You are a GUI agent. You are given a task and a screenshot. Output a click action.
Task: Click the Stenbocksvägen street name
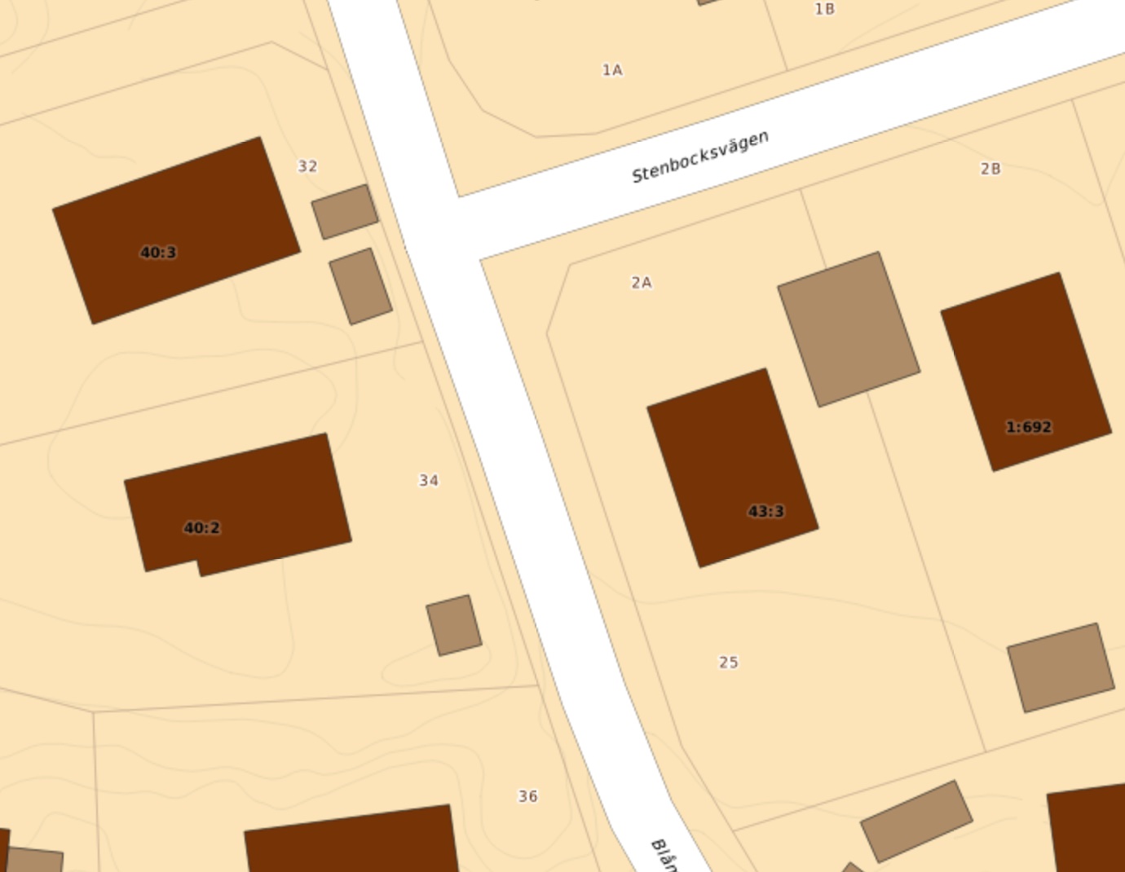[700, 156]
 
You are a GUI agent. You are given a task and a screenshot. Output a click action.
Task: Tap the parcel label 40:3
[158, 253]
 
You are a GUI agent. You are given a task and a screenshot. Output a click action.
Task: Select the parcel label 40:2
[201, 528]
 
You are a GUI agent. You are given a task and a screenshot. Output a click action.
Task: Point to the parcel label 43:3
[765, 512]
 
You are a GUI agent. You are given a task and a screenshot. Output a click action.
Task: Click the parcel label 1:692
[1029, 427]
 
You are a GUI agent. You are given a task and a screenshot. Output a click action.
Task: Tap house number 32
[307, 166]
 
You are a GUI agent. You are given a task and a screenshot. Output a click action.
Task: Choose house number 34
[429, 481]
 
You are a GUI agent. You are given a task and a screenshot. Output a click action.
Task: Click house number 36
[528, 796]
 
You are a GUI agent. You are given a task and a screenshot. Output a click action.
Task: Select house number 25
[729, 663]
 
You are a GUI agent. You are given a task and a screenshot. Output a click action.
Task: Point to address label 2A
[642, 283]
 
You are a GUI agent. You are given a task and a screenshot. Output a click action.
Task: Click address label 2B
[990, 169]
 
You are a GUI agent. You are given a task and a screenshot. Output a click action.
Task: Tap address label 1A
[612, 70]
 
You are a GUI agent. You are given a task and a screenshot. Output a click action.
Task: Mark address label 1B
[825, 9]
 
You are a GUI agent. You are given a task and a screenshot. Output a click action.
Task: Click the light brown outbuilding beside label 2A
[849, 328]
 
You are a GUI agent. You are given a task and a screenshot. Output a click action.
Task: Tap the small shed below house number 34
[454, 625]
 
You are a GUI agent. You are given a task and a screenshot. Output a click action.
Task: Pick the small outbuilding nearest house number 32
[345, 212]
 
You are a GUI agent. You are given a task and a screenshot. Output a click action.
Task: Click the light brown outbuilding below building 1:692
[1061, 667]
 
